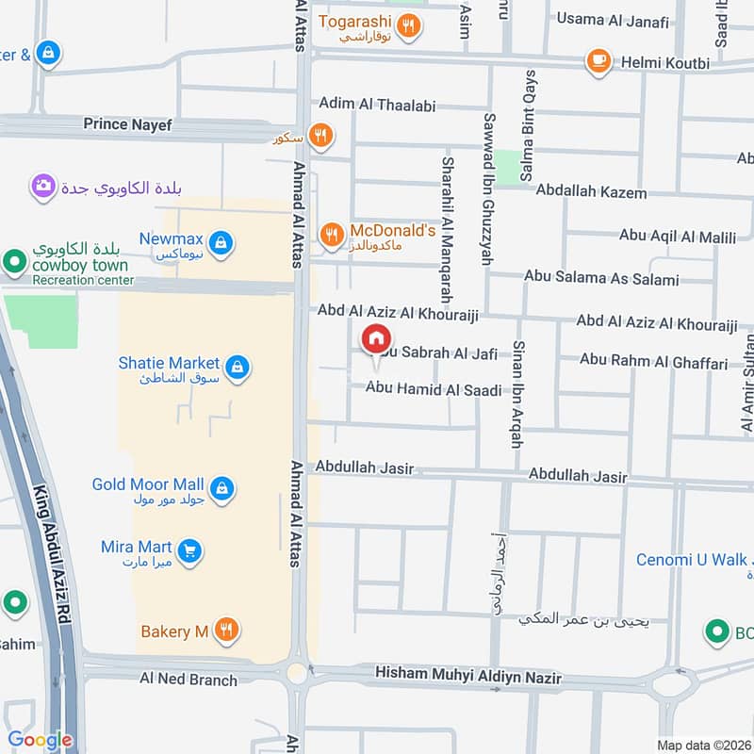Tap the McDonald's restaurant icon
pyautogui.click(x=331, y=236)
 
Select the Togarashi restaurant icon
pyautogui.click(x=408, y=26)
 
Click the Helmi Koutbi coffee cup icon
pyautogui.click(x=598, y=62)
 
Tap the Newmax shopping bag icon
pyautogui.click(x=220, y=244)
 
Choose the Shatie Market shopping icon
pyautogui.click(x=238, y=368)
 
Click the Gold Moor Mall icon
pyautogui.click(x=221, y=488)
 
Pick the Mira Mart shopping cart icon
pyautogui.click(x=189, y=551)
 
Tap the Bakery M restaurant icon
pyautogui.click(x=225, y=631)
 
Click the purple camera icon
pyautogui.click(x=42, y=186)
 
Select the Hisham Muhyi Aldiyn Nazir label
pyautogui.click(x=467, y=677)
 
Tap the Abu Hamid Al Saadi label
pyautogui.click(x=433, y=388)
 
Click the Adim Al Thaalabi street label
pyautogui.click(x=377, y=106)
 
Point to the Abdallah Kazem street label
pyautogui.click(x=591, y=192)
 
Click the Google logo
pyautogui.click(x=40, y=740)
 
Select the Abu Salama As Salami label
pyautogui.click(x=601, y=279)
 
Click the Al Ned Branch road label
pyautogui.click(x=188, y=678)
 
